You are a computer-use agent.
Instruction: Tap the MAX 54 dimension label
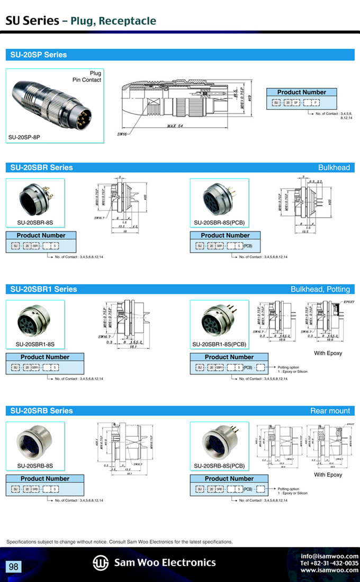[175, 126]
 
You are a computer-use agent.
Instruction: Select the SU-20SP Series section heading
[37, 55]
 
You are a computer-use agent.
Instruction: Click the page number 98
[13, 567]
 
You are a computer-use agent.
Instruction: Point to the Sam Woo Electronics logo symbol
[101, 562]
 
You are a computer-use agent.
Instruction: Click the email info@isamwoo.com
[329, 556]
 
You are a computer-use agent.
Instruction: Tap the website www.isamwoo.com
[329, 570]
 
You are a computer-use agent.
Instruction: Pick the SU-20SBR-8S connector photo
[34, 199]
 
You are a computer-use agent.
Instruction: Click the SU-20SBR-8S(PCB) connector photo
[219, 199]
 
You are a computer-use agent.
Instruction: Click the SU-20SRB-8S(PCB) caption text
[219, 466]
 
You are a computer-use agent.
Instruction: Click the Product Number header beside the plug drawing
[302, 92]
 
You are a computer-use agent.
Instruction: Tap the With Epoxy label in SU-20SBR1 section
[328, 353]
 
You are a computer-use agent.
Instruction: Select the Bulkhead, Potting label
[320, 289]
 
